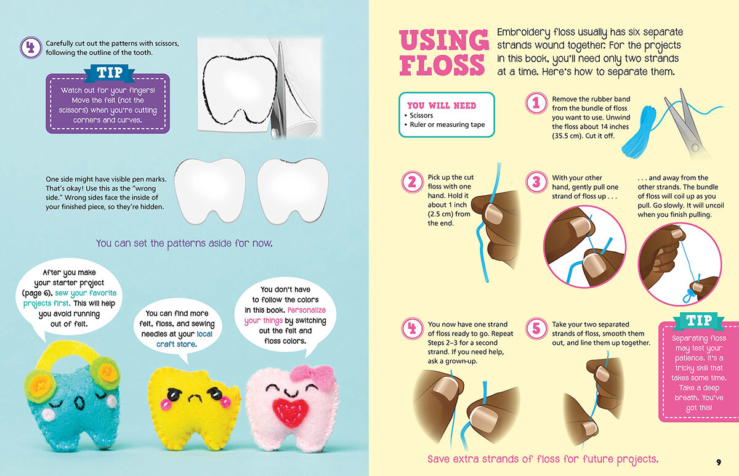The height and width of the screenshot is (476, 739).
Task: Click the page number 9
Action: [x=718, y=462]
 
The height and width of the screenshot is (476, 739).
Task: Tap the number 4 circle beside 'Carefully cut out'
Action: [x=30, y=47]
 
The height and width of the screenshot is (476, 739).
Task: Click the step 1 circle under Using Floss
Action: [x=536, y=104]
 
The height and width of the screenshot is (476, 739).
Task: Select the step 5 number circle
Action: [x=536, y=328]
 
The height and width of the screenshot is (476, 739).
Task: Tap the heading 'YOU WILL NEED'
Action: [x=442, y=105]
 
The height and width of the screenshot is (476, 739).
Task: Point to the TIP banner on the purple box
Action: [x=108, y=73]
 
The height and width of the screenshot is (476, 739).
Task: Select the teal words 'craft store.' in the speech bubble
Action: [x=176, y=344]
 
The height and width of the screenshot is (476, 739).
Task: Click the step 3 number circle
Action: [x=536, y=182]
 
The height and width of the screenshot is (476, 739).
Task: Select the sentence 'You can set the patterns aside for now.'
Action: [x=184, y=243]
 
